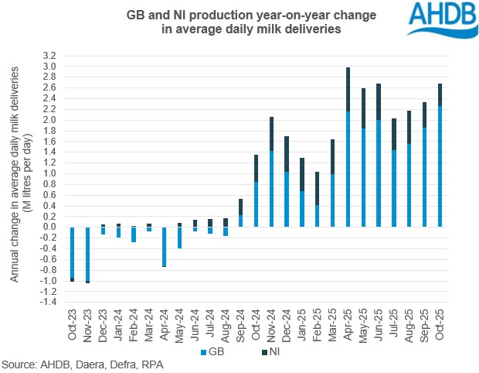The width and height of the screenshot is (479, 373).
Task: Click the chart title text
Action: [224, 22]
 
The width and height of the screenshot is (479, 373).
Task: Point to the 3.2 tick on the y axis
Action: [50, 56]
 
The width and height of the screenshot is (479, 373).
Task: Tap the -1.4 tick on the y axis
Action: [49, 302]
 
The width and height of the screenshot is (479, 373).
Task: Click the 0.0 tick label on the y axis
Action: [50, 228]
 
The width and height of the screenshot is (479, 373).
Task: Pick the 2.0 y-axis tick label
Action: [50, 121]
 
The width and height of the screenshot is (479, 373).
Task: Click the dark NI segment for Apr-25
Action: [348, 89]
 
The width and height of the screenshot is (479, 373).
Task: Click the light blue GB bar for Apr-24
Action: [165, 246]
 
